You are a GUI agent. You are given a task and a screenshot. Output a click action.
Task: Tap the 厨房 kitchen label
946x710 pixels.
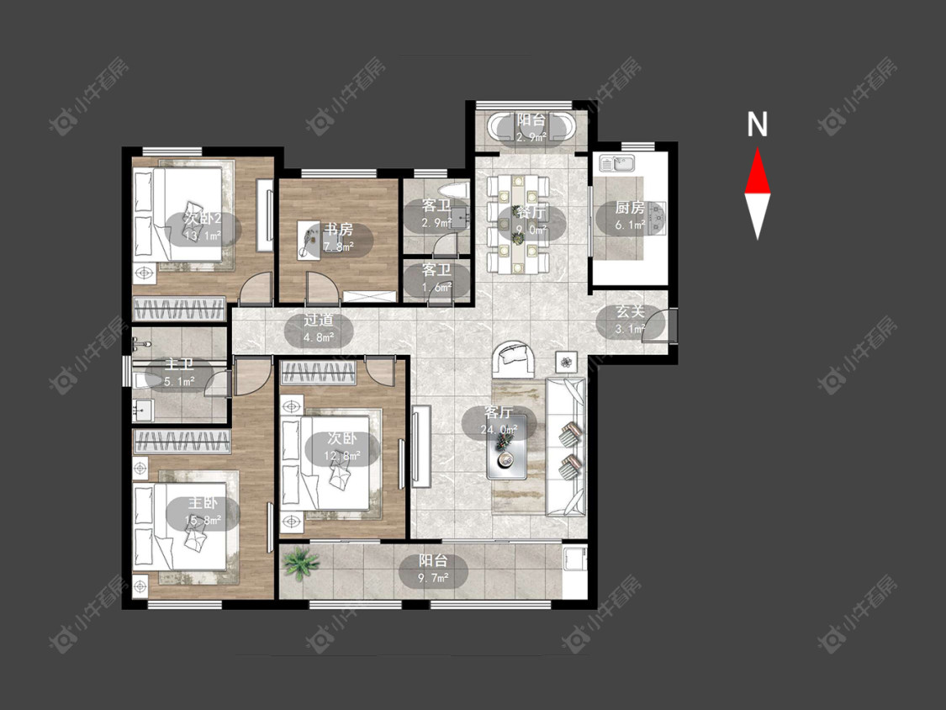tap(630, 209)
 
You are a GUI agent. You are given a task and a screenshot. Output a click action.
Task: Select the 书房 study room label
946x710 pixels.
tap(338, 230)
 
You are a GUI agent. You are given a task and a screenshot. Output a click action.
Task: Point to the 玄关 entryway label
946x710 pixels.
tap(630, 312)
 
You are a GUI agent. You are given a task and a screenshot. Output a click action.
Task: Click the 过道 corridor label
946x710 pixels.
tap(318, 321)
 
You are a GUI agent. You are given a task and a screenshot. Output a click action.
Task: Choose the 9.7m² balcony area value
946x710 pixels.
tap(433, 579)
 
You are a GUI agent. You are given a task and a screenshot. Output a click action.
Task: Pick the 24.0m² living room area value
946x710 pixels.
tap(499, 430)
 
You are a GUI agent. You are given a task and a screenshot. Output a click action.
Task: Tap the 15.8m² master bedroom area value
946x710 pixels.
tap(203, 520)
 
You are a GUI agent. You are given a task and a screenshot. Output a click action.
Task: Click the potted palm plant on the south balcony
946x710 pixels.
tap(299, 564)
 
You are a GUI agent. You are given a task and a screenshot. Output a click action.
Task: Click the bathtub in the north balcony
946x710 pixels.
tap(531, 127)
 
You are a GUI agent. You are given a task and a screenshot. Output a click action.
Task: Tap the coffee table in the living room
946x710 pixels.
tap(507, 448)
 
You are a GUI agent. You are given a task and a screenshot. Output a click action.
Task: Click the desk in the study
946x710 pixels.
tap(309, 241)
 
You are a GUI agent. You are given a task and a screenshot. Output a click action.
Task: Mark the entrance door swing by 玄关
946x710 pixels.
tap(658, 326)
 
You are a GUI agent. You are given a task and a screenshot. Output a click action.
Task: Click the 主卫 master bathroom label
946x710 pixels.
tap(179, 364)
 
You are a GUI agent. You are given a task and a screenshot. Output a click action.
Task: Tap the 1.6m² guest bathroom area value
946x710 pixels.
tap(436, 288)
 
